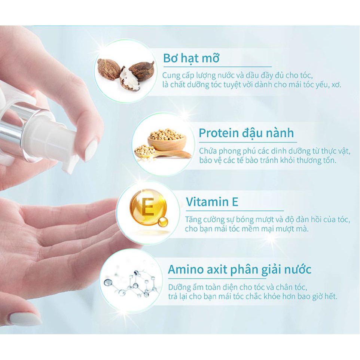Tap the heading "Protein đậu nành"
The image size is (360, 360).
point(246,133)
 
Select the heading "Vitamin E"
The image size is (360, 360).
point(212,202)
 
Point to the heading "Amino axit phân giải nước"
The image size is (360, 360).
point(240,269)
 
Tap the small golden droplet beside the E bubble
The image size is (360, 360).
point(163,222)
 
